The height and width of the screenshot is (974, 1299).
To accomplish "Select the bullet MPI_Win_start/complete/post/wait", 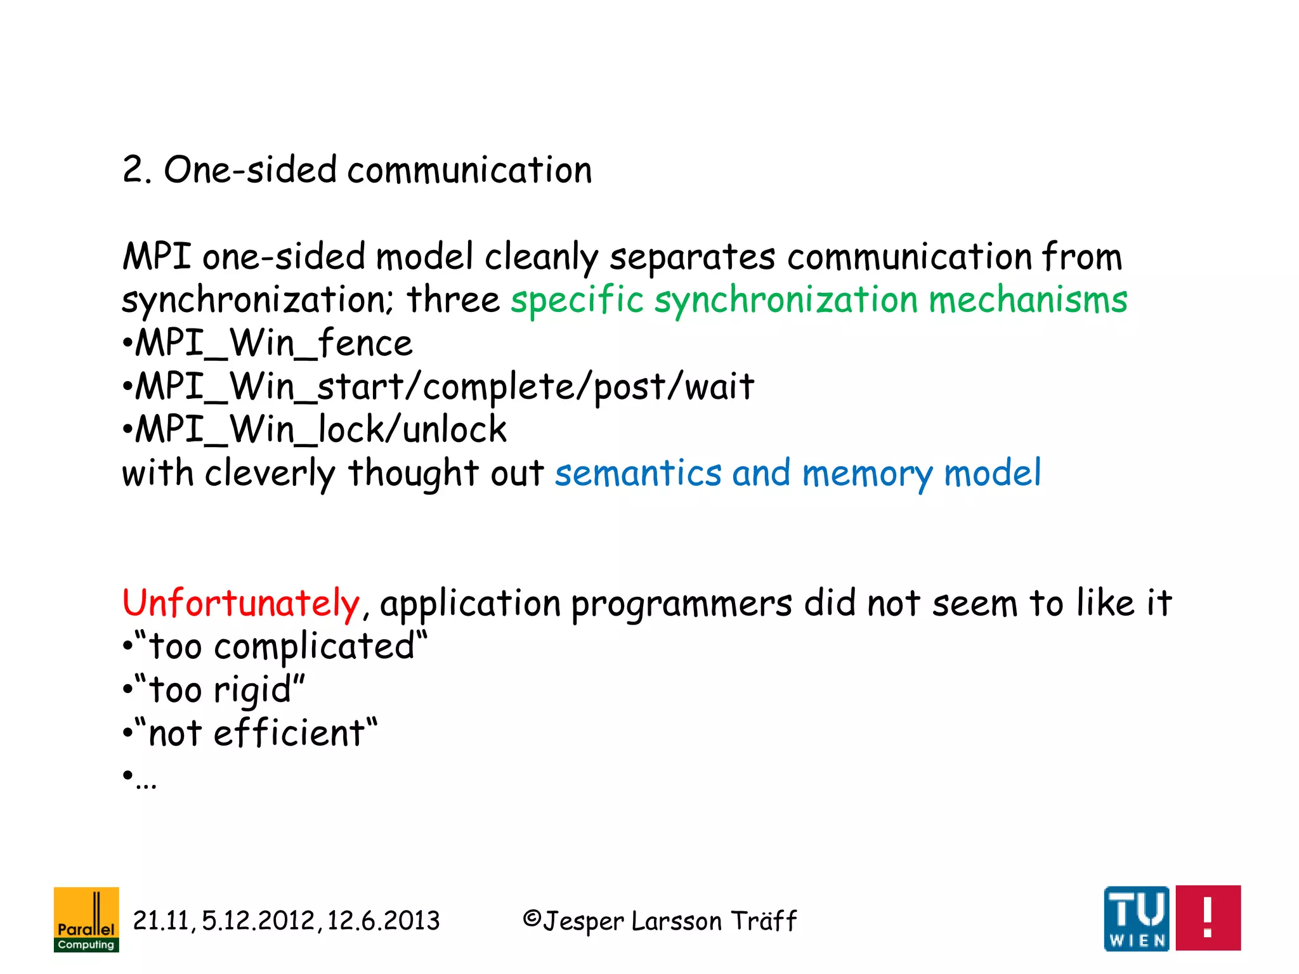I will tap(444, 386).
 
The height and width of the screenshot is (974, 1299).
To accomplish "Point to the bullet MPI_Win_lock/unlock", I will tap(321, 429).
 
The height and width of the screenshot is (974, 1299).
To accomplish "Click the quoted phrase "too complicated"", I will tap(282, 646).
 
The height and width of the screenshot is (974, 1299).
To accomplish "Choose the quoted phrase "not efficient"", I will tap(256, 733).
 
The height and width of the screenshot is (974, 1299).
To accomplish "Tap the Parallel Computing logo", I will tap(86, 919).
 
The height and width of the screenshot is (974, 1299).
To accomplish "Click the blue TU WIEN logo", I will tap(1137, 918).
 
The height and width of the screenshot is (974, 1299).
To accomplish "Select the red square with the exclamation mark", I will tap(1208, 918).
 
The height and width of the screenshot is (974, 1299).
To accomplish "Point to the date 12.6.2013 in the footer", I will tap(383, 921).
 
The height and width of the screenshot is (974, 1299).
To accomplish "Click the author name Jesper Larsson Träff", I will tap(669, 921).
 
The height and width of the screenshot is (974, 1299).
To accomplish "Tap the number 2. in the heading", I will tap(137, 170).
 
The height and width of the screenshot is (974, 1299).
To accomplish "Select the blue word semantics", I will tap(638, 473).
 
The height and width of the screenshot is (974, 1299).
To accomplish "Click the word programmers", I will tap(681, 604).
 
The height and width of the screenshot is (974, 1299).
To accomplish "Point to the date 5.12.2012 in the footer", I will tap(258, 921).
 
